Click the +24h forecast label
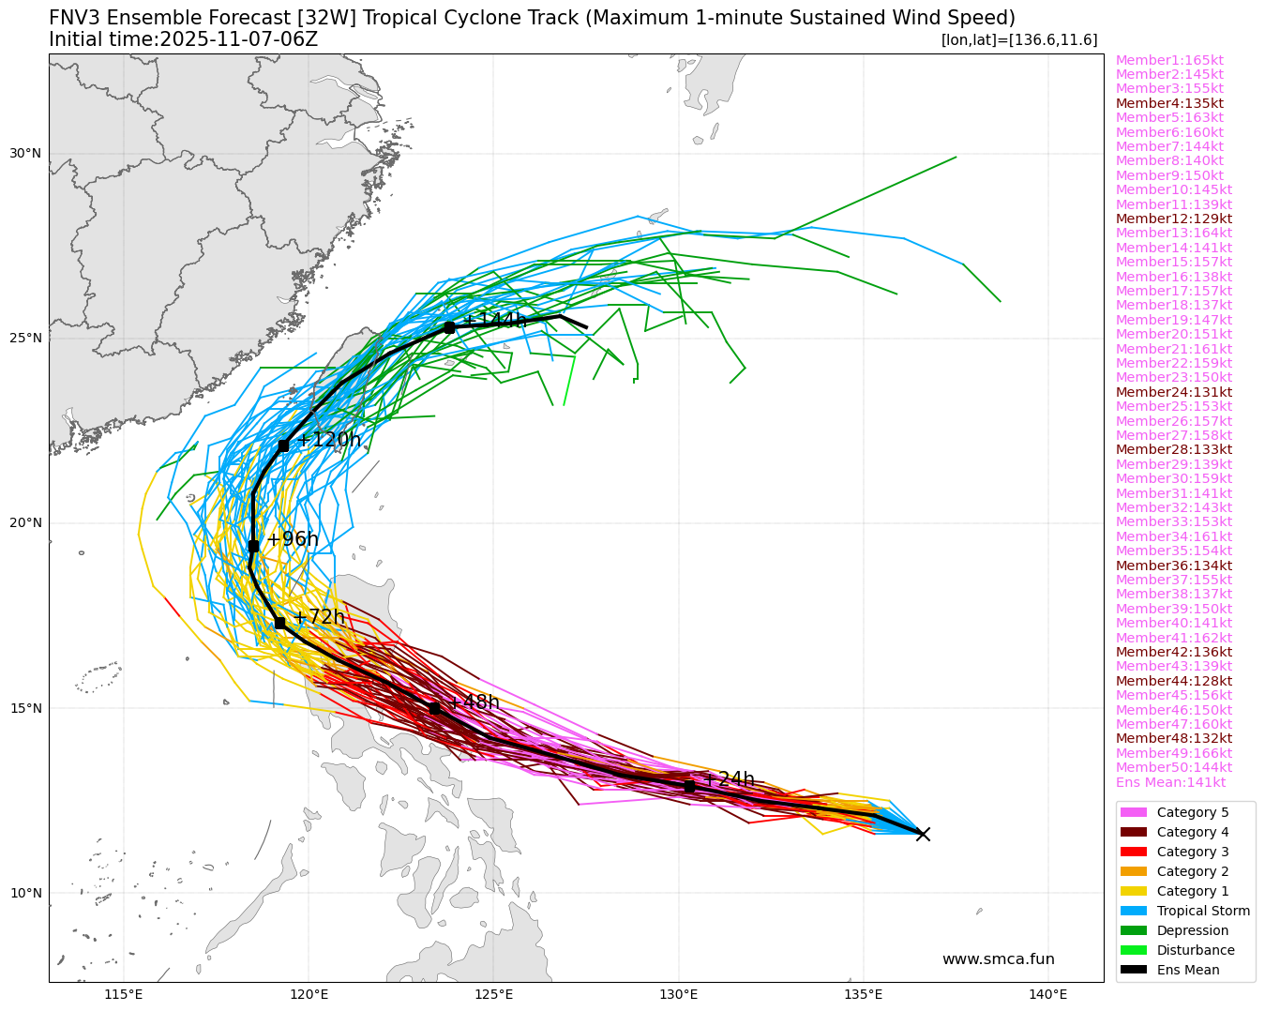click(729, 779)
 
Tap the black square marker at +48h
click(434, 708)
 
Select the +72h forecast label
click(319, 617)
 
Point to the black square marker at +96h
click(253, 546)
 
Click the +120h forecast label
click(328, 440)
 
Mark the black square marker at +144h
click(449, 327)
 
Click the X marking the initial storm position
click(923, 834)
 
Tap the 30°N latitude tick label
click(26, 154)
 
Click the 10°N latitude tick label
click(26, 893)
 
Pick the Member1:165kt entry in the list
click(1169, 60)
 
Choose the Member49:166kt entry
click(1173, 753)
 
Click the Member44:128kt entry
click(1173, 681)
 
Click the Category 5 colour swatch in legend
click(1133, 812)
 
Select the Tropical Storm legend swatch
click(1133, 911)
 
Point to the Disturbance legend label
click(1196, 950)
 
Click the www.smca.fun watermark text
click(998, 958)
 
